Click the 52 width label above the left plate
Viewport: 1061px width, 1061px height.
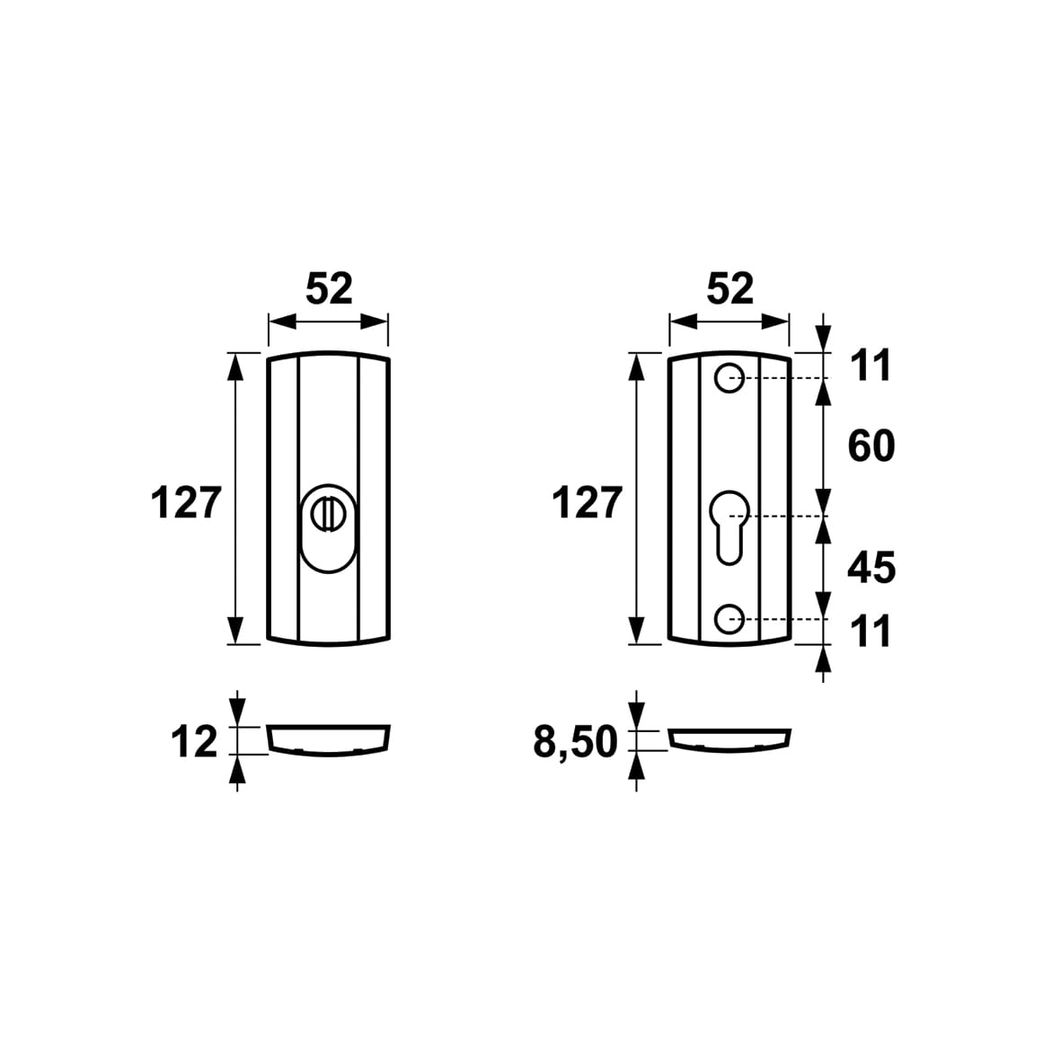(330, 289)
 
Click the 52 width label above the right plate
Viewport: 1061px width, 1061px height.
(730, 289)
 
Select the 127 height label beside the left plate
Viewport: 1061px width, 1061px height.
(186, 503)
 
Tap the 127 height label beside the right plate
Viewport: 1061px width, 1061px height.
(588, 503)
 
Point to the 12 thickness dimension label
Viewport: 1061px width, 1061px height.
(194, 741)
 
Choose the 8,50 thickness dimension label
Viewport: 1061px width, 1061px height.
(576, 742)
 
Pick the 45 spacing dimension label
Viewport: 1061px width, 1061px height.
(871, 568)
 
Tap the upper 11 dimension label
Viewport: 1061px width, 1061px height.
(871, 366)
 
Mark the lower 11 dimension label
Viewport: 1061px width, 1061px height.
(871, 632)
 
